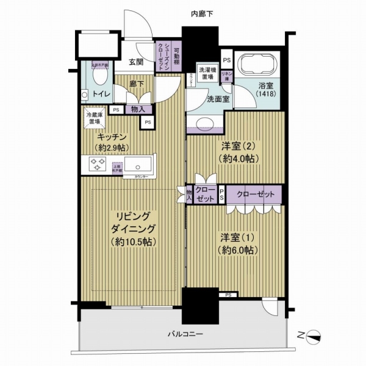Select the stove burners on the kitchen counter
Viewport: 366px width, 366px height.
pos(98,164)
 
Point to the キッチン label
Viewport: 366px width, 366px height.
pos(110,137)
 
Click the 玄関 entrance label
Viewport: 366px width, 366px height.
pos(135,62)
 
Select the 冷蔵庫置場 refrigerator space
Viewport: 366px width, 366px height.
pos(95,117)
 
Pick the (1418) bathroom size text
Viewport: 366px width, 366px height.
pos(265,95)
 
